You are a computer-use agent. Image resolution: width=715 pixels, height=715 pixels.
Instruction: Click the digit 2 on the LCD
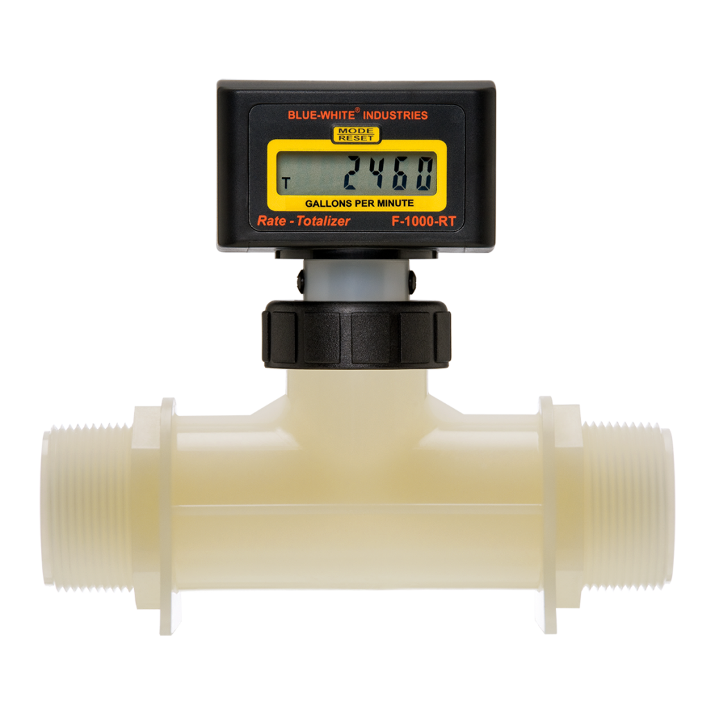click(354, 174)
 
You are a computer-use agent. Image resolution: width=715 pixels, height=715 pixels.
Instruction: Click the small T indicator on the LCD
click(286, 184)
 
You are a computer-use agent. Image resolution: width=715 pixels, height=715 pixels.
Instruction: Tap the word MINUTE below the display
click(396, 203)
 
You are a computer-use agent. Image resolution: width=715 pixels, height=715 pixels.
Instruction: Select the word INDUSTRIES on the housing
click(396, 115)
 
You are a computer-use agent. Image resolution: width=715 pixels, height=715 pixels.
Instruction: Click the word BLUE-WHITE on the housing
click(321, 115)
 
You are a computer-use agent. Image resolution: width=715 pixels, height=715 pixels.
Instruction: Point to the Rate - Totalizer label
click(303, 221)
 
